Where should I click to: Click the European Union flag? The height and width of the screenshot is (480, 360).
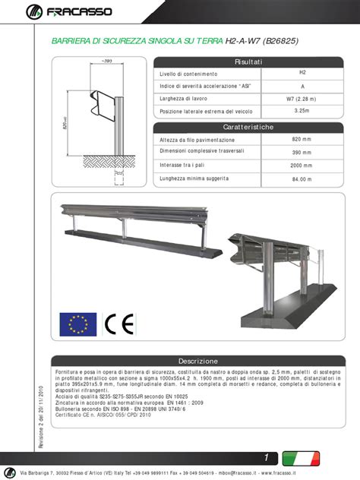coord(78,324)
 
